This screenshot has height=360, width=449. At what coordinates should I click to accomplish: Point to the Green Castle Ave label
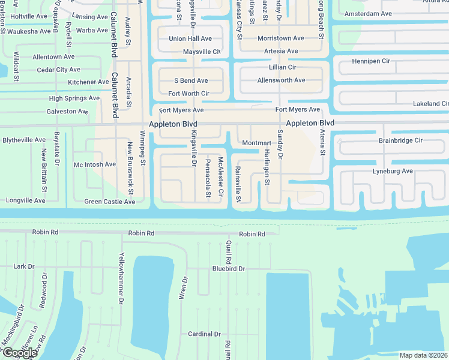pyautogui.click(x=109, y=202)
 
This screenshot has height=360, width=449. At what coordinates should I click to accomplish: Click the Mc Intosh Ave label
pyautogui.click(x=94, y=164)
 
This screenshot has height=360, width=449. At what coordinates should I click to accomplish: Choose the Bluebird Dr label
pyautogui.click(x=229, y=269)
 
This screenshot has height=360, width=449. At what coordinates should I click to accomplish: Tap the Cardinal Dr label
pyautogui.click(x=204, y=334)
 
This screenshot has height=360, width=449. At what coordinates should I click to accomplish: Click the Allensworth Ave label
pyautogui.click(x=281, y=80)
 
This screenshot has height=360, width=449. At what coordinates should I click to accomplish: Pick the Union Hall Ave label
pyautogui.click(x=190, y=38)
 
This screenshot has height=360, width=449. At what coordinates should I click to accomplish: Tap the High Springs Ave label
pyautogui.click(x=74, y=98)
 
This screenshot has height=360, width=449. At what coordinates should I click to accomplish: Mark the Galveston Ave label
pyautogui.click(x=67, y=112)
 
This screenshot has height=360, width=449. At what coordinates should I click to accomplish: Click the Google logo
pyautogui.click(x=19, y=353)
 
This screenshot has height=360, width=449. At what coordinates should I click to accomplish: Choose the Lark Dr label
pyautogui.click(x=23, y=266)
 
